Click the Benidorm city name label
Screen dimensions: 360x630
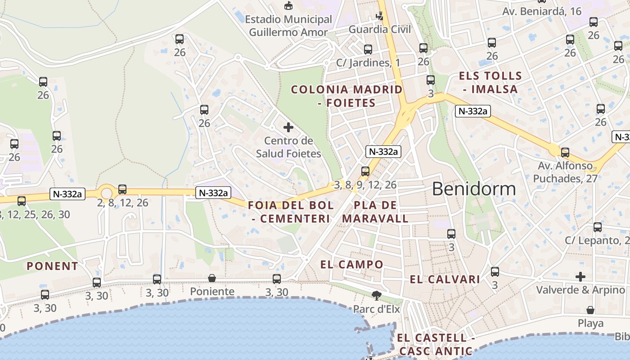tap(474, 189)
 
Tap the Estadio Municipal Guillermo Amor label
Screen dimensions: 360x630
tap(288, 26)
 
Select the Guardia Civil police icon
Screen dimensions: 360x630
tap(380, 17)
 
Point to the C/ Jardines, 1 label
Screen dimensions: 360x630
tap(368, 63)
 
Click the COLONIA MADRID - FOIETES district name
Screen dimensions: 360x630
tap(346, 96)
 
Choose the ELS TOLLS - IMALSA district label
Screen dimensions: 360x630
tap(490, 82)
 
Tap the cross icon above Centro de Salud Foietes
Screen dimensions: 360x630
tap(288, 127)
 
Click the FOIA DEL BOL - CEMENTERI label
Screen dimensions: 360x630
tap(291, 212)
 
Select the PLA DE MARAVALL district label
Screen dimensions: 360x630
tap(375, 212)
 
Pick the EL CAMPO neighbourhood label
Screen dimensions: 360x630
tap(352, 265)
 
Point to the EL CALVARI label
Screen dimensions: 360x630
tap(445, 279)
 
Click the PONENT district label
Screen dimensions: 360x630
tap(52, 266)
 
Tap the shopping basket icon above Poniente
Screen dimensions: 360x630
tap(212, 279)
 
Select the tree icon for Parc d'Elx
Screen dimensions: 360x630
tap(376, 296)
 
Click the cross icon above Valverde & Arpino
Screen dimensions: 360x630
tap(580, 276)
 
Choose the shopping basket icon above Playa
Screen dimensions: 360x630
tap(590, 310)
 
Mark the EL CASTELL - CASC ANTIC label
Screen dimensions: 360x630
tap(436, 344)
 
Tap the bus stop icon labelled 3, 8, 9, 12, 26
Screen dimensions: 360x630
tap(365, 171)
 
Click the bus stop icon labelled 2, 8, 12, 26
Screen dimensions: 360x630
tap(122, 189)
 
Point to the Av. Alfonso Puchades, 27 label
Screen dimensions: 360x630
tap(566, 172)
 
